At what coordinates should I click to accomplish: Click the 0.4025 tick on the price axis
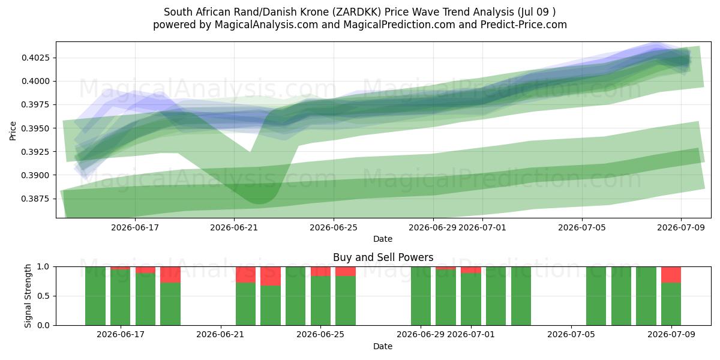pyautogui.click(x=35, y=58)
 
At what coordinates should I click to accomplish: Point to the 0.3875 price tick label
pyautogui.click(x=35, y=199)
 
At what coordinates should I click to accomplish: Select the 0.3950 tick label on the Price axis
pyautogui.click(x=35, y=128)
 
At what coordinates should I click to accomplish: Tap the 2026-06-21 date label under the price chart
pyautogui.click(x=234, y=227)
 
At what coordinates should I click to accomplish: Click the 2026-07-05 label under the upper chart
pyautogui.click(x=582, y=227)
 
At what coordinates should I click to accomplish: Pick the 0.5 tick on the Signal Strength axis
pyautogui.click(x=44, y=296)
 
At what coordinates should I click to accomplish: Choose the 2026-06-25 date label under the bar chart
pyautogui.click(x=320, y=334)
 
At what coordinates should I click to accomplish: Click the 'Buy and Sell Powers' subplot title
pyautogui.click(x=383, y=257)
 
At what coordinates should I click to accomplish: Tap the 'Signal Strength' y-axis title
pyautogui.click(x=28, y=296)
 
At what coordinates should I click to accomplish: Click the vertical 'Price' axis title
pyautogui.click(x=13, y=131)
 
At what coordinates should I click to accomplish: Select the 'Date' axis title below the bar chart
pyautogui.click(x=383, y=346)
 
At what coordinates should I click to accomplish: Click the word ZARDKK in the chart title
pyautogui.click(x=357, y=12)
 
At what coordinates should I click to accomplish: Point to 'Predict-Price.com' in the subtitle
pyautogui.click(x=524, y=25)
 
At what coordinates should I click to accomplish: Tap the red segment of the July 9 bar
pyautogui.click(x=671, y=275)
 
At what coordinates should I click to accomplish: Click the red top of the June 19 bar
pyautogui.click(x=170, y=275)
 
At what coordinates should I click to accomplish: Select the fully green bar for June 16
pyautogui.click(x=95, y=296)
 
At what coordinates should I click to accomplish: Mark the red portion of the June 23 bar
pyautogui.click(x=271, y=276)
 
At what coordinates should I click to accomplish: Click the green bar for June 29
pyautogui.click(x=421, y=296)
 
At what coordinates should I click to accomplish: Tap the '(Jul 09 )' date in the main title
pyautogui.click(x=536, y=12)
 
